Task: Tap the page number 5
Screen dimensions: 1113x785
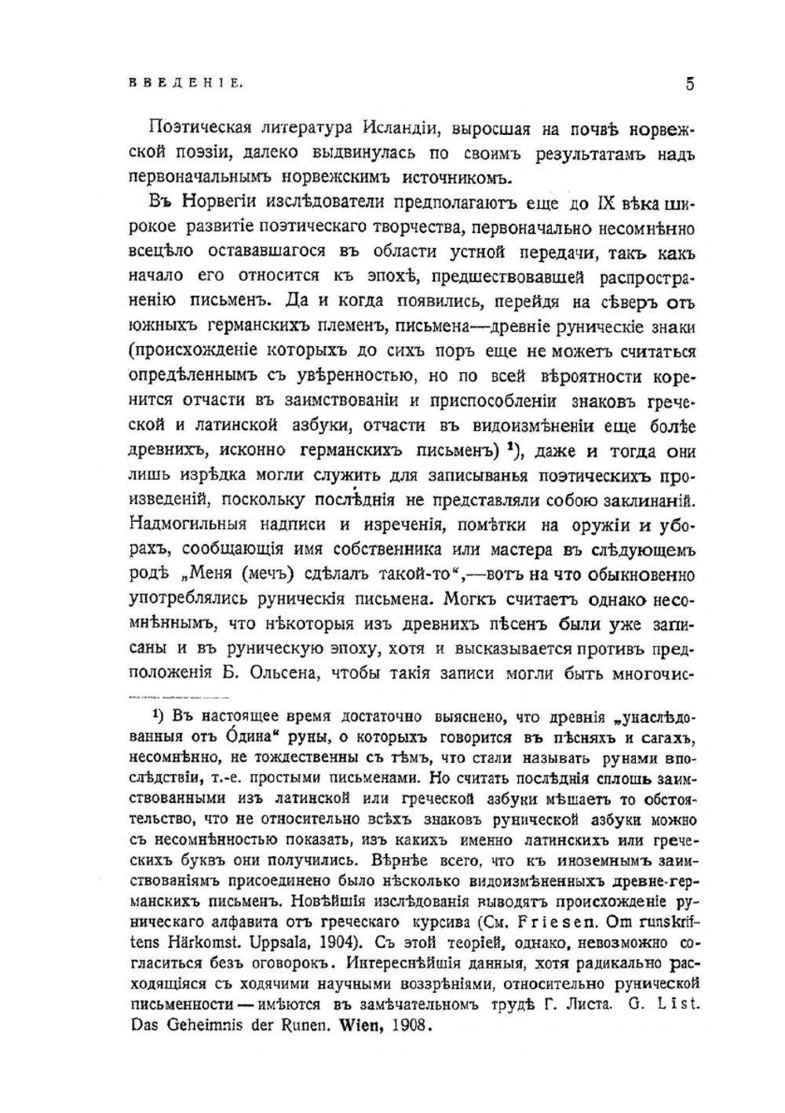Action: [x=689, y=83]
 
